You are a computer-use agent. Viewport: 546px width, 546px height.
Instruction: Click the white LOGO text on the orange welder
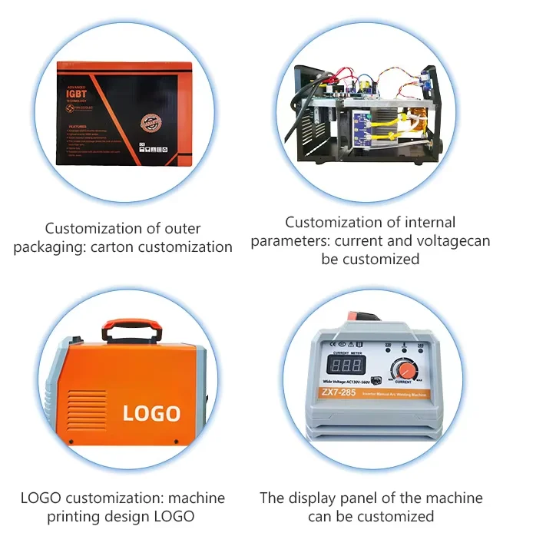click(151, 412)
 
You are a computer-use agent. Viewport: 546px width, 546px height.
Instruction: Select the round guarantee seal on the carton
click(150, 124)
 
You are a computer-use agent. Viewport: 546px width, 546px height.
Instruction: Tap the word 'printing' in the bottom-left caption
click(79, 516)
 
